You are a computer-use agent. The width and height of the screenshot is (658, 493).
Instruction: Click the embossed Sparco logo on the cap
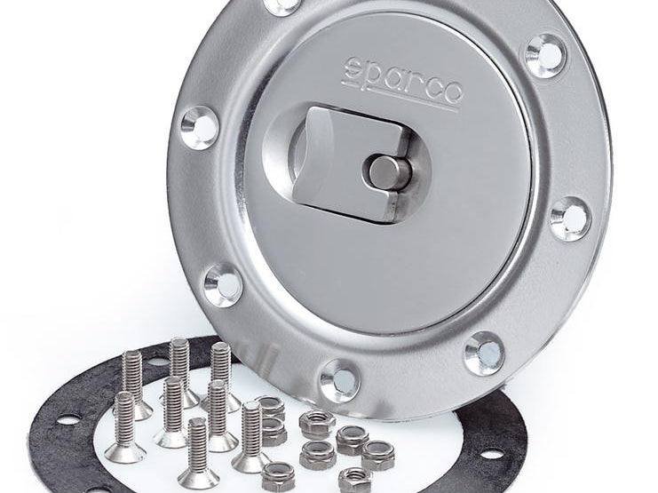click(x=403, y=83)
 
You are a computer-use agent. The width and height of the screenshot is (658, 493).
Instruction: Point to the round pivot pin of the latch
click(x=387, y=171)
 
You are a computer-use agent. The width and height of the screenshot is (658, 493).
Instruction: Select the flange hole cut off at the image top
click(x=282, y=5)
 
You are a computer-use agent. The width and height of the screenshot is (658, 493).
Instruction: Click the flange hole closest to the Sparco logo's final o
click(x=545, y=55)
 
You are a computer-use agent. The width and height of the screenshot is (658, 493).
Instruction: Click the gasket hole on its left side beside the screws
click(x=69, y=419)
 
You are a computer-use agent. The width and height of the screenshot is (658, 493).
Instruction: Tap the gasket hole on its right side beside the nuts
click(x=491, y=454)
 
